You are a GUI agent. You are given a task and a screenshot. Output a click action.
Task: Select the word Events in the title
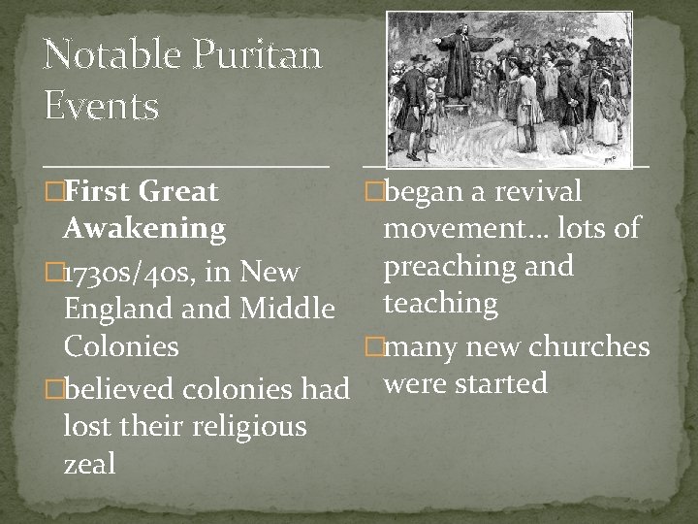point(102,106)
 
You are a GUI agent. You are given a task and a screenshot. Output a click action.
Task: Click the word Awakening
point(144,230)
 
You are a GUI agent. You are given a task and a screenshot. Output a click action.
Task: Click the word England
point(119,310)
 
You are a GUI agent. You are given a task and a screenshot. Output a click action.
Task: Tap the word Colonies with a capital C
point(121,346)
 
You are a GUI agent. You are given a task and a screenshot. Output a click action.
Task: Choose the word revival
point(538,191)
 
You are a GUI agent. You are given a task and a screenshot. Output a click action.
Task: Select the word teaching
point(441,305)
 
